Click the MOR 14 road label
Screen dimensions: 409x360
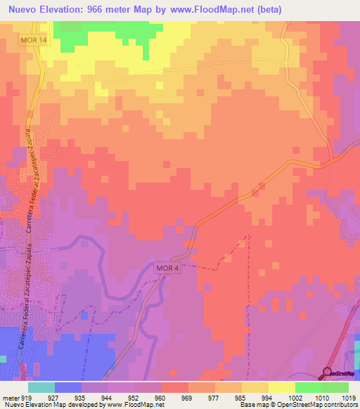tap(34, 41)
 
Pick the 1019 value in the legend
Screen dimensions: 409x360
tap(349, 397)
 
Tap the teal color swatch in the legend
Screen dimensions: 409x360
tap(41, 387)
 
